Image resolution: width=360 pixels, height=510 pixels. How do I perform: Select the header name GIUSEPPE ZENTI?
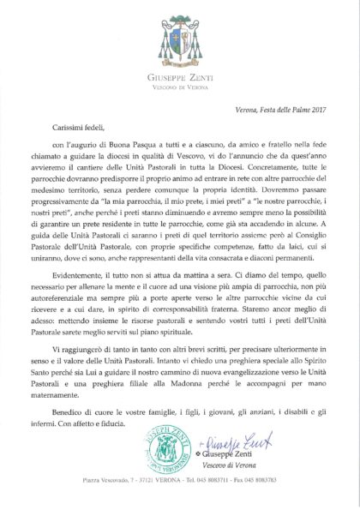click(181, 63)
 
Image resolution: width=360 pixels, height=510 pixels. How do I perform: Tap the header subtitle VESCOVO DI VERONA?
click(181, 72)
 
